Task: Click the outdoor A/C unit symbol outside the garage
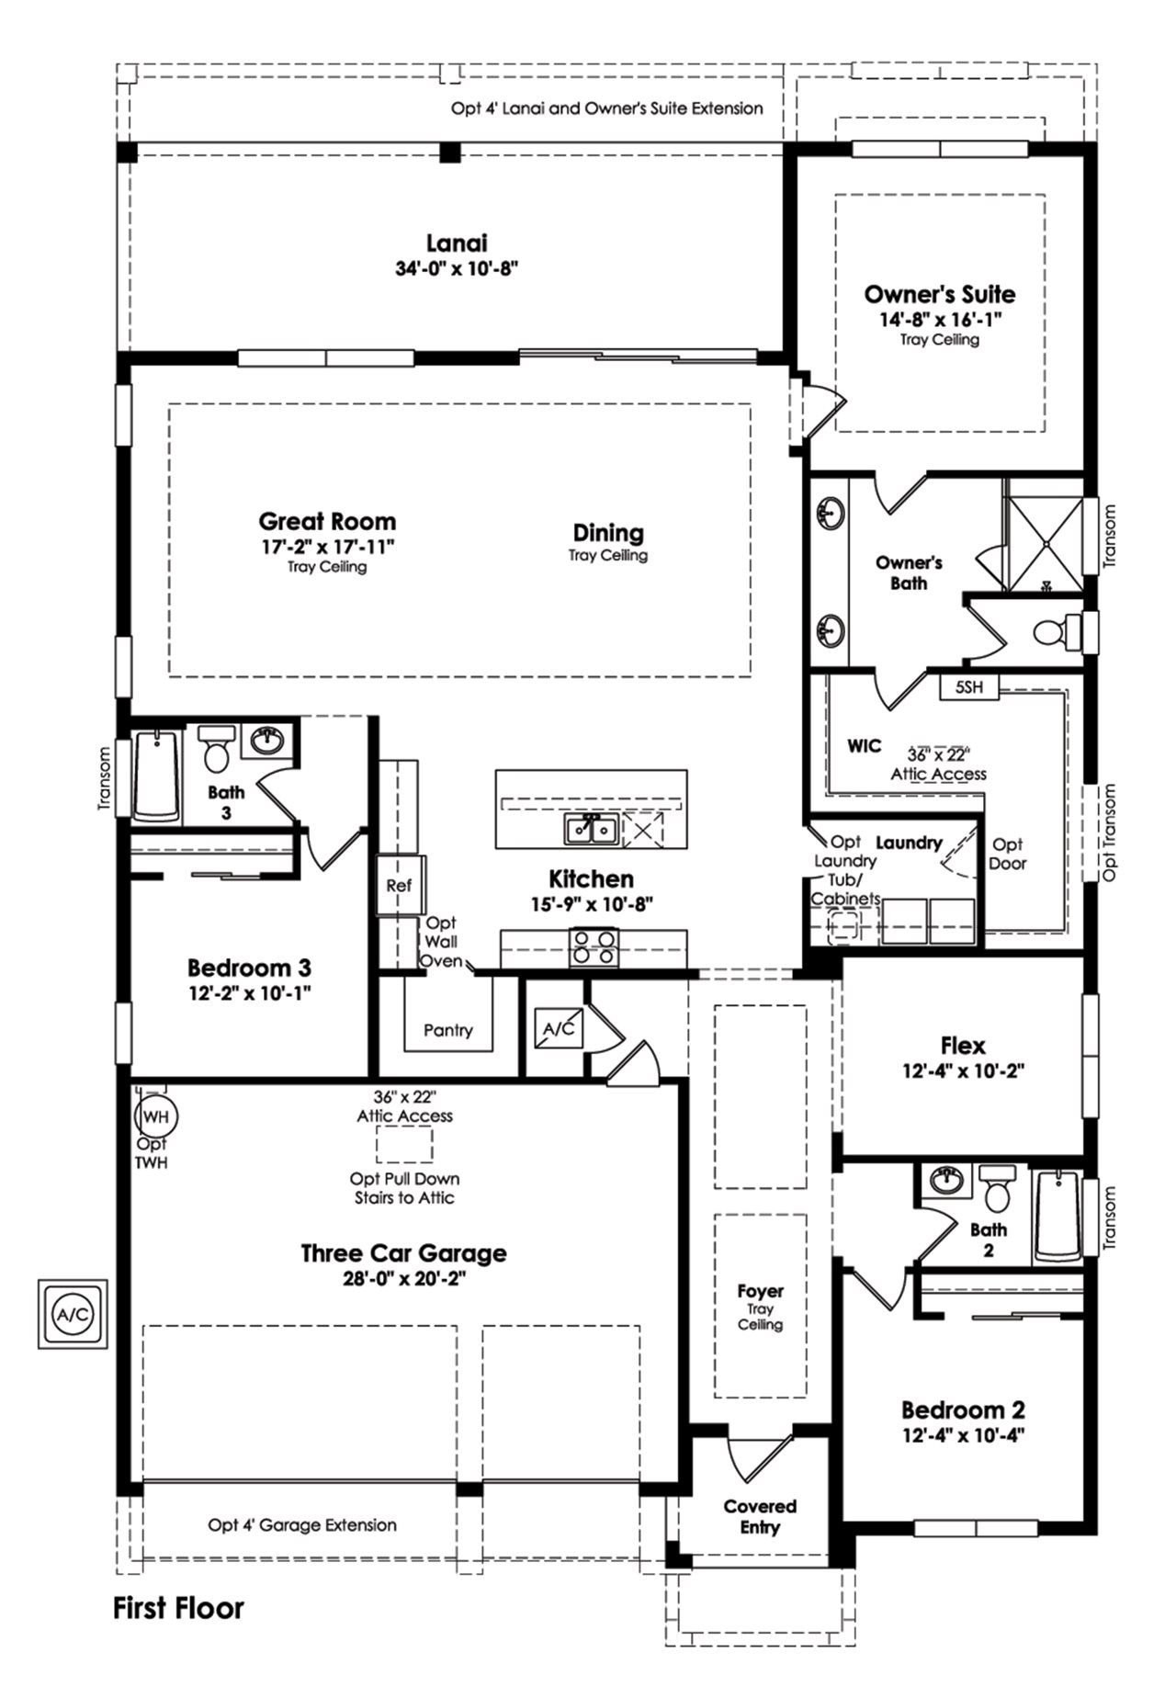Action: click(73, 1314)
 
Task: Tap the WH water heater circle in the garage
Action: click(156, 1116)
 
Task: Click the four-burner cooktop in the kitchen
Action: click(594, 946)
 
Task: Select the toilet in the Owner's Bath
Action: click(1052, 632)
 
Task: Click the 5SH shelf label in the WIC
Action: click(968, 686)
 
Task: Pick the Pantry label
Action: click(448, 1031)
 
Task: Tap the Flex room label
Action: click(963, 1046)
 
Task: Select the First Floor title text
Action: click(178, 1608)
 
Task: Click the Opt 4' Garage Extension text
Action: click(302, 1525)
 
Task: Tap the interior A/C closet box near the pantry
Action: click(559, 1028)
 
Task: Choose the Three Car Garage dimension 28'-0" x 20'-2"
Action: click(404, 1279)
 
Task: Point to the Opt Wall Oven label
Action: click(441, 942)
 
